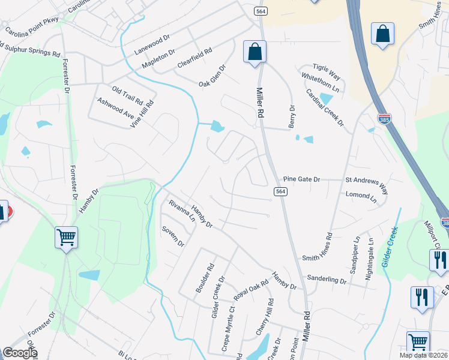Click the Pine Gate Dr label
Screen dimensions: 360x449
click(x=303, y=179)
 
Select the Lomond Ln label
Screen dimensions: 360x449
click(x=361, y=195)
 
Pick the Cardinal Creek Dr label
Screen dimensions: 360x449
click(x=325, y=108)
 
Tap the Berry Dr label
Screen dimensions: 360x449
click(x=292, y=116)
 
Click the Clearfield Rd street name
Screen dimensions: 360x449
click(x=194, y=58)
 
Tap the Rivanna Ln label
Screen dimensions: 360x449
click(x=182, y=211)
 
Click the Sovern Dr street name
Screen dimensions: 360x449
click(x=173, y=236)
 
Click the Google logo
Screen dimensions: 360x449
click(x=20, y=353)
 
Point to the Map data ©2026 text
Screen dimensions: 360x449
click(x=423, y=355)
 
